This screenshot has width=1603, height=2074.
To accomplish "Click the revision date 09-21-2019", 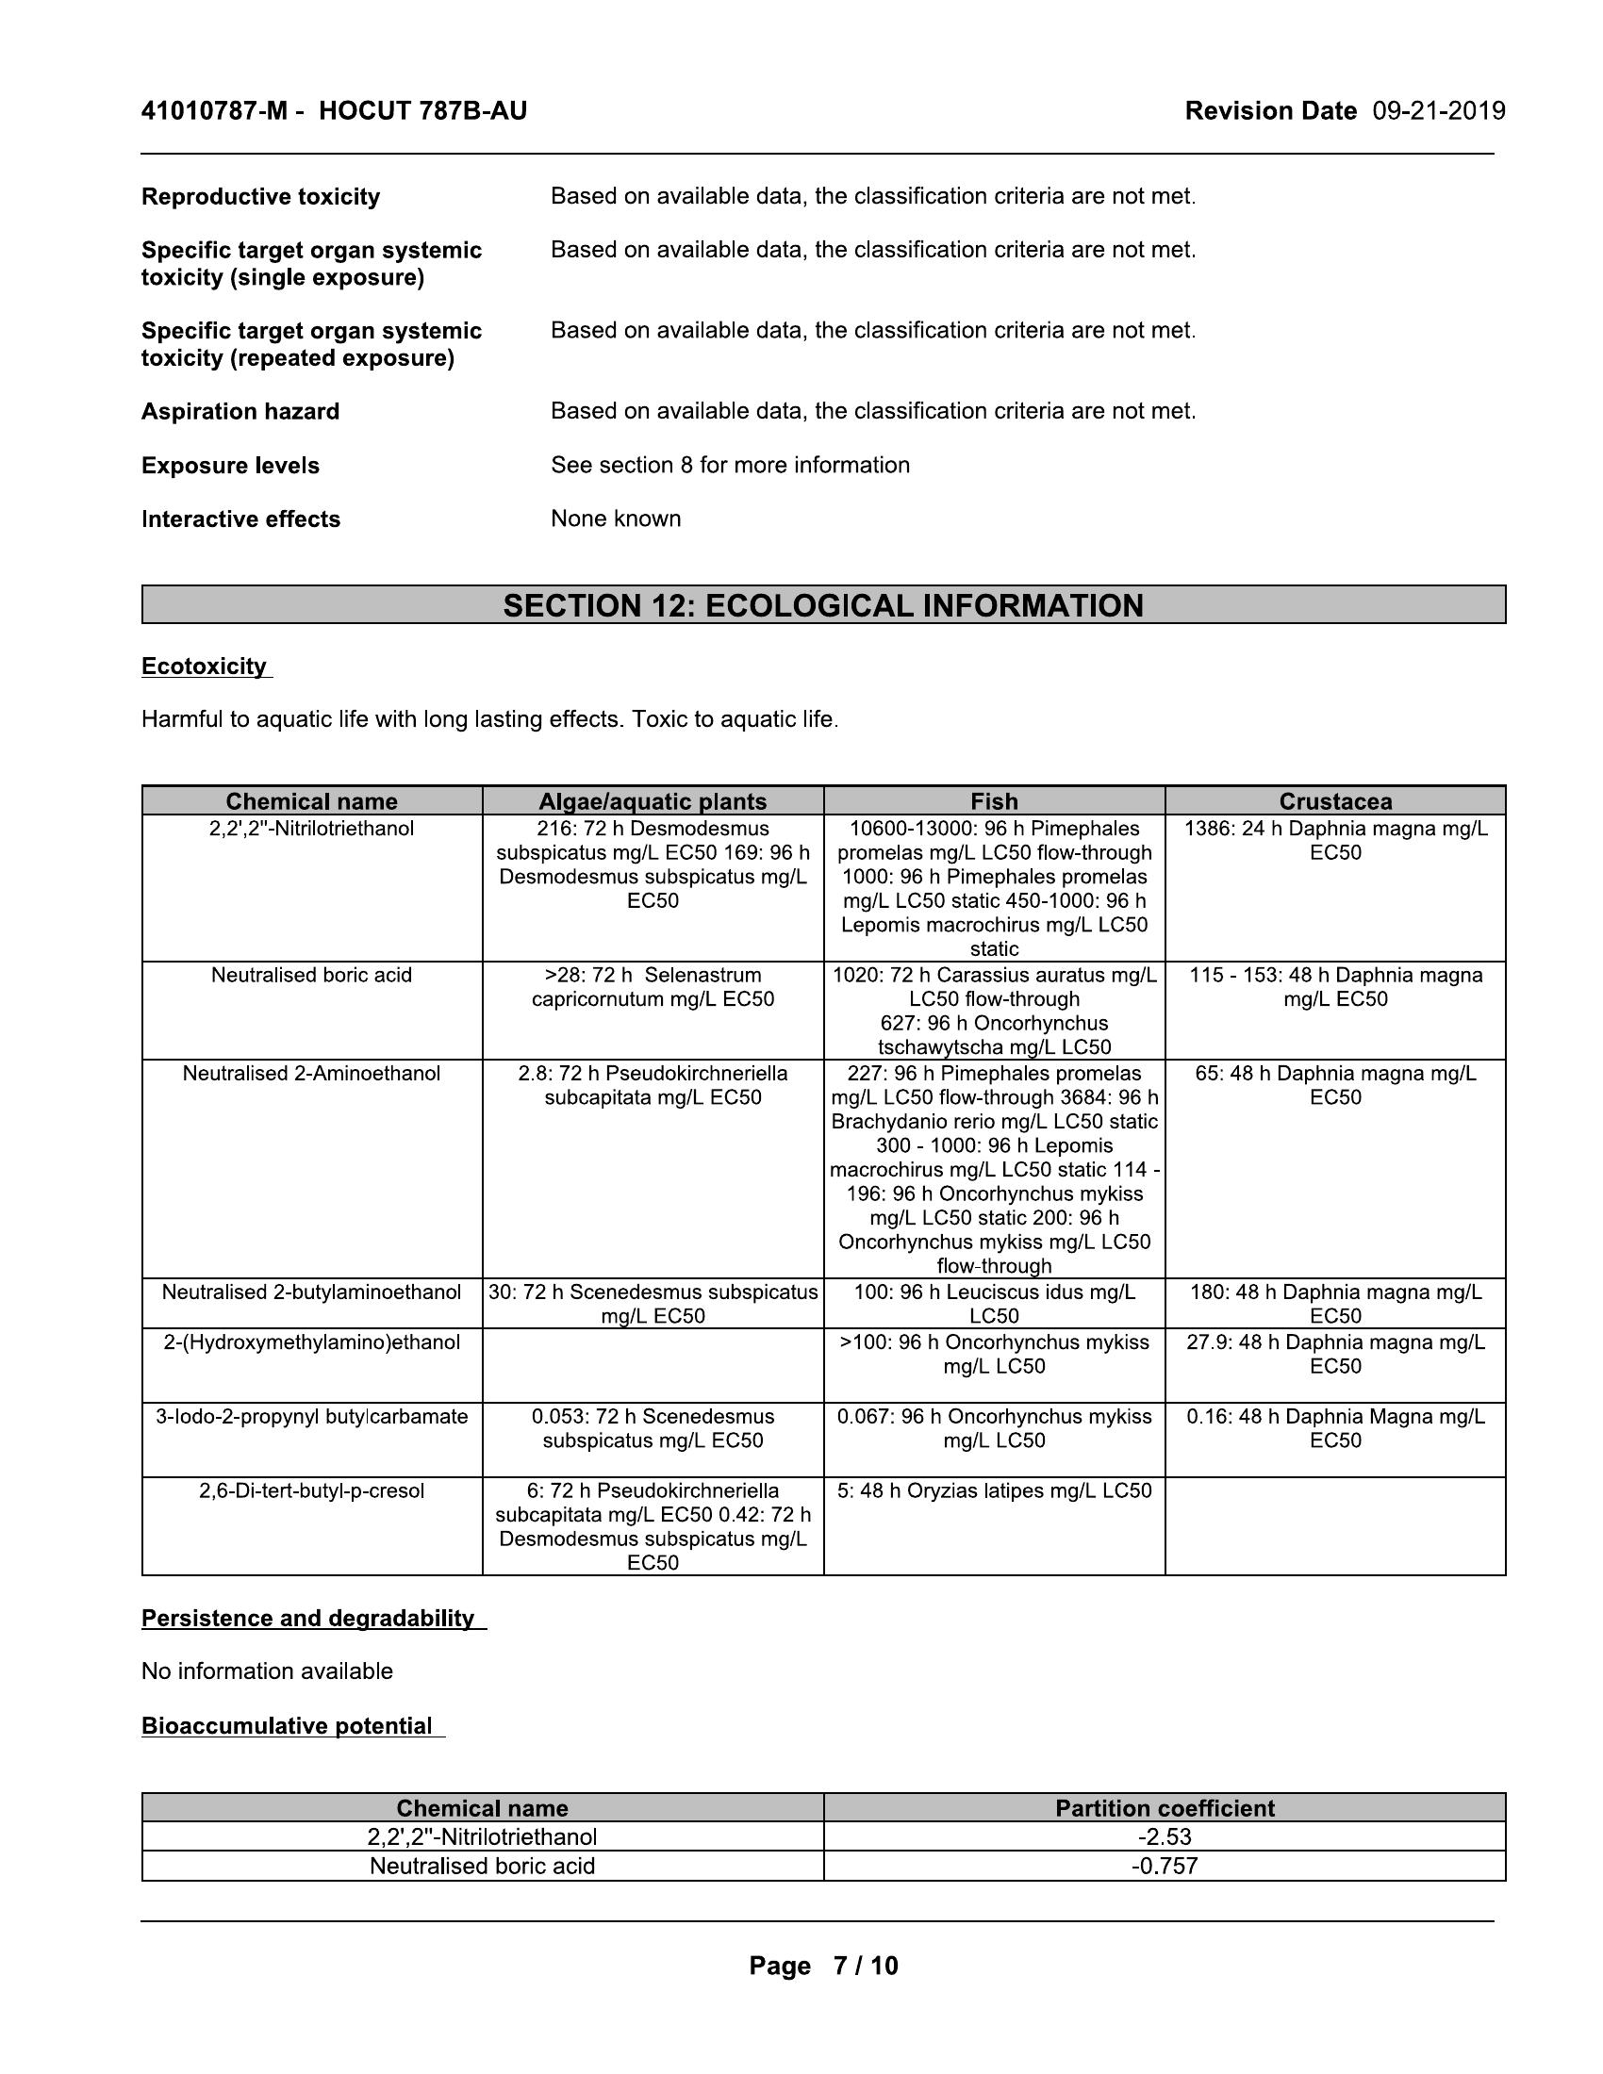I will pyautogui.click(x=1439, y=111).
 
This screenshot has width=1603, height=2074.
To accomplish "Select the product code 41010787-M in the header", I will pyautogui.click(x=214, y=111).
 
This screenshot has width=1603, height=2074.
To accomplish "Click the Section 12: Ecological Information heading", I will pyautogui.click(x=823, y=605).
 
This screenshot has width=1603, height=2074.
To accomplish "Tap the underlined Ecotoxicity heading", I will pyautogui.click(x=205, y=666).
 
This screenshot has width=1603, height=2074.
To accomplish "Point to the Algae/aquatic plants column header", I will pyautogui.click(x=653, y=800).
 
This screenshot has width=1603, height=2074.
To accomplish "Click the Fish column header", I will pyautogui.click(x=994, y=800).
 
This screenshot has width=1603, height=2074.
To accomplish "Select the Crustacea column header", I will pyautogui.click(x=1335, y=800).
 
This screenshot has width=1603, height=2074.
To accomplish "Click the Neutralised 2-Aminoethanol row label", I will pyautogui.click(x=311, y=1073).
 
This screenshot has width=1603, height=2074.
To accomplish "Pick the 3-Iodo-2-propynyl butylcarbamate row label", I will pyautogui.click(x=311, y=1416).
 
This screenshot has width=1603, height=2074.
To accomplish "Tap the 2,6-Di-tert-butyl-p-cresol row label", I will pyautogui.click(x=311, y=1490).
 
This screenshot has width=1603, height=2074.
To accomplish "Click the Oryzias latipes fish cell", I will pyautogui.click(x=994, y=1490).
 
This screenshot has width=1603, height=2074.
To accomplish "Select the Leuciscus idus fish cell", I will pyautogui.click(x=994, y=1303).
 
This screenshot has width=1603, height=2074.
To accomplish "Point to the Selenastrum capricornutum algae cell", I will pyautogui.click(x=653, y=987).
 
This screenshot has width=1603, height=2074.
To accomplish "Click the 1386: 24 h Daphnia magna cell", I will pyautogui.click(x=1335, y=839).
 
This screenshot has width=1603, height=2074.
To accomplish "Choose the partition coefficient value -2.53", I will pyautogui.click(x=1165, y=1835).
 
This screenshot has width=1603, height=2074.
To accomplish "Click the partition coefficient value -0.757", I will pyautogui.click(x=1165, y=1865).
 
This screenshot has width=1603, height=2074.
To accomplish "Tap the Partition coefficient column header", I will pyautogui.click(x=1165, y=1807).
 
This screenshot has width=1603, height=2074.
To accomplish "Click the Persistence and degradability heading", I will pyautogui.click(x=307, y=1617).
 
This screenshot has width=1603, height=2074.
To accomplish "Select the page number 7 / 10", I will pyautogui.click(x=865, y=1965).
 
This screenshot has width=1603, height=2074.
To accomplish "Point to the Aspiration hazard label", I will pyautogui.click(x=240, y=411).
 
